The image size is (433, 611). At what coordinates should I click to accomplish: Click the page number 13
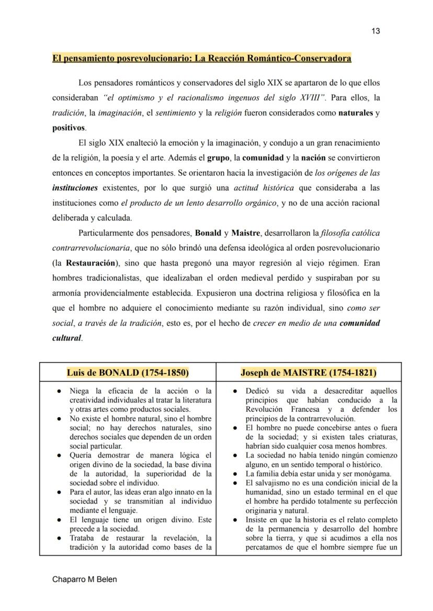(x=375, y=31)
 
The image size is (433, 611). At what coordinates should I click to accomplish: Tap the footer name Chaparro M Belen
(x=84, y=580)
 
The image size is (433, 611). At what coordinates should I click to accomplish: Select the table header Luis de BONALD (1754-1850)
(x=128, y=373)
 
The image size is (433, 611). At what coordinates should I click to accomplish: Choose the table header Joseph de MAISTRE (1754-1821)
(x=309, y=373)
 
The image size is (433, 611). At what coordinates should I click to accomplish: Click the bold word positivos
(x=68, y=128)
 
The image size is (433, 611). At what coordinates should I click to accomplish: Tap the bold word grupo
(x=218, y=157)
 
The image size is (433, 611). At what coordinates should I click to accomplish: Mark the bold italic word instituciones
(x=75, y=187)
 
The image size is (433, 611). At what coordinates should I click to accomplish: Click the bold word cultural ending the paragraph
(x=66, y=338)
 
